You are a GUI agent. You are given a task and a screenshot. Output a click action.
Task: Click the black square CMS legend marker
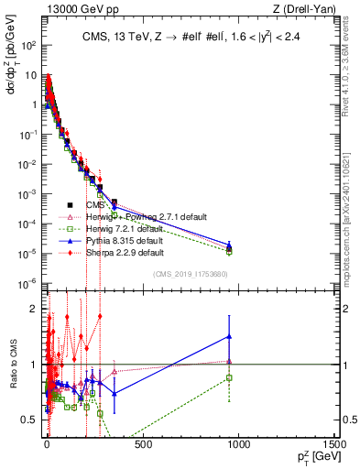pos(70,205)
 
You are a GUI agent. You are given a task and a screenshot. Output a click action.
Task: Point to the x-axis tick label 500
pos(142,445)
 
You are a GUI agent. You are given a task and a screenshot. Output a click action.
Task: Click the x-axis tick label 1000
pos(238,445)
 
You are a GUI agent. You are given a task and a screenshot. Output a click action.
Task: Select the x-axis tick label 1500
pos(333,445)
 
